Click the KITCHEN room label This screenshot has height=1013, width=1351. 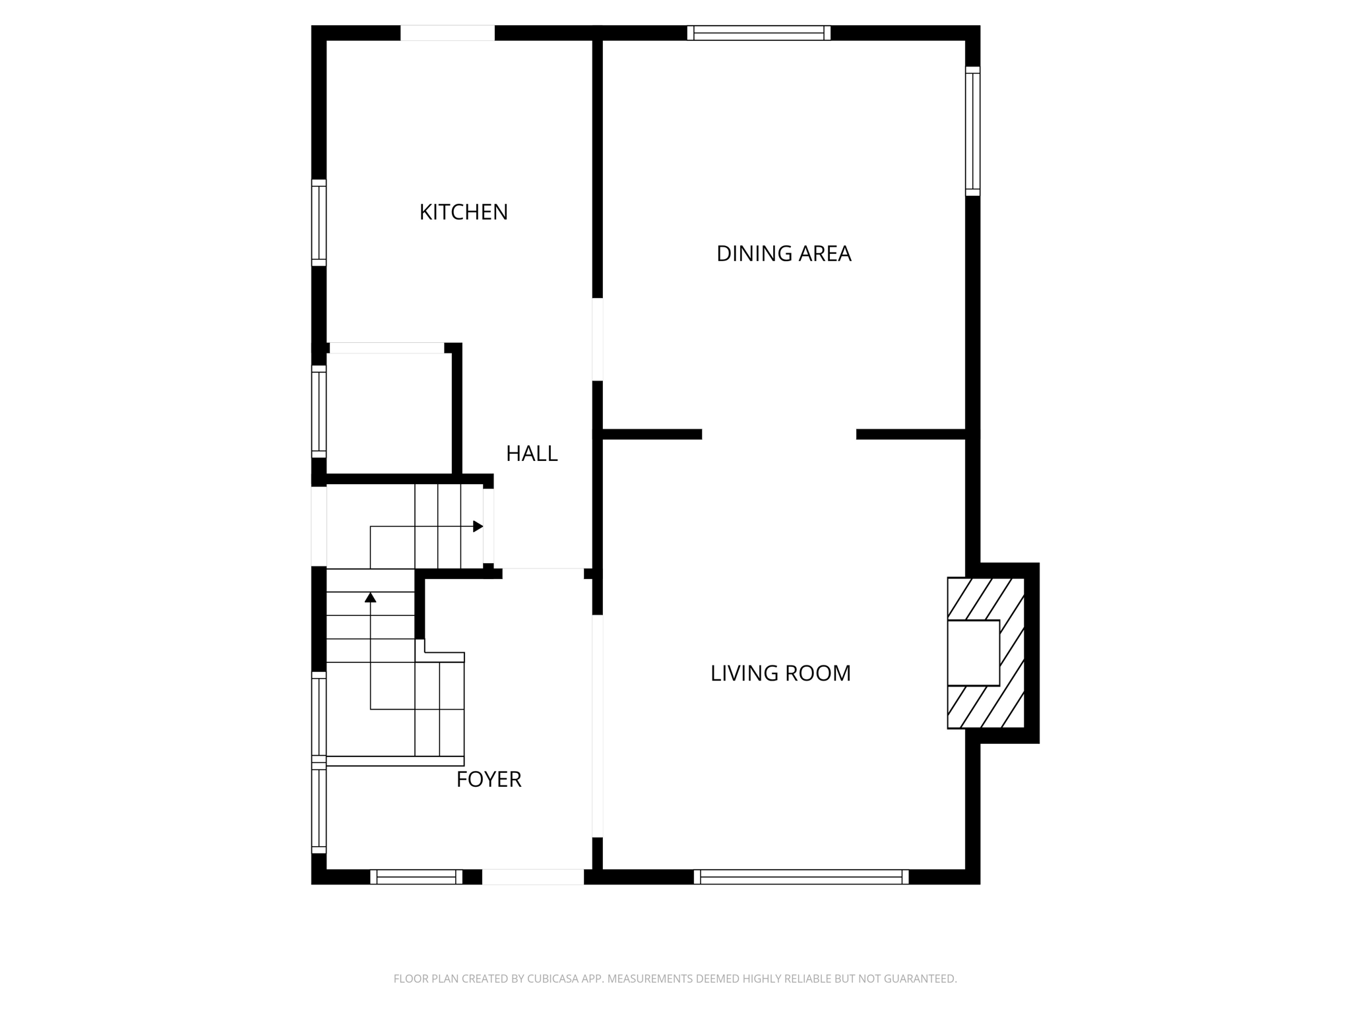click(463, 212)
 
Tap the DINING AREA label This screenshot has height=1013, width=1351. click(783, 254)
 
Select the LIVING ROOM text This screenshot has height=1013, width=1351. click(780, 673)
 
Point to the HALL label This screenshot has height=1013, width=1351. click(531, 454)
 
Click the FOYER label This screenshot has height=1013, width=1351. click(488, 780)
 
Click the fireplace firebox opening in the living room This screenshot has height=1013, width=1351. click(973, 653)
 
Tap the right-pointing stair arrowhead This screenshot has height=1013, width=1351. click(478, 526)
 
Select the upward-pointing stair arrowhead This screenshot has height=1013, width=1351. click(370, 598)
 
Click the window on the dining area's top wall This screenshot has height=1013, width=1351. click(759, 33)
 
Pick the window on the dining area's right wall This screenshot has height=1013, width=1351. click(972, 131)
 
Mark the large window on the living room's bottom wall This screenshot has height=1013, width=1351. click(801, 876)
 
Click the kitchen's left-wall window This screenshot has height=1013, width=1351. click(319, 223)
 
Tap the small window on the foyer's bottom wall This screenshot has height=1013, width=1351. click(416, 876)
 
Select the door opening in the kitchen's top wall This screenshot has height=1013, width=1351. click(447, 33)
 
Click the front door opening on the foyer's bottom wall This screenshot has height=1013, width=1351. click(532, 876)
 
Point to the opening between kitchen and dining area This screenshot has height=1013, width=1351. click(598, 340)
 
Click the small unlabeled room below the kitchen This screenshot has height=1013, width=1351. click(389, 412)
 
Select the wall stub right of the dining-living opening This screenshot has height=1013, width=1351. click(910, 434)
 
